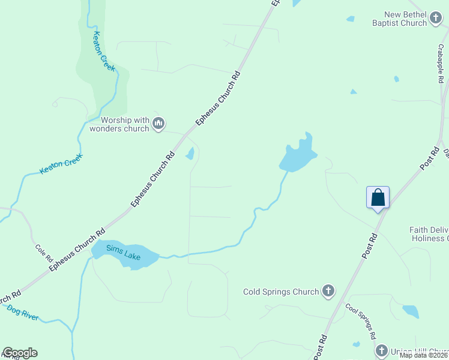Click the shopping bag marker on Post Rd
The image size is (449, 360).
(378, 197)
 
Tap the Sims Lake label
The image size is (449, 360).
(124, 253)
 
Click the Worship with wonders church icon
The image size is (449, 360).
(158, 124)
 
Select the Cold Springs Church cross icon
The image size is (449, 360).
(328, 292)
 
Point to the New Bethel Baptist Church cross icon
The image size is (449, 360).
(436, 22)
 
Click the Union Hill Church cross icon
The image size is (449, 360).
(382, 350)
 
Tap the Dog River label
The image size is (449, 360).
(23, 313)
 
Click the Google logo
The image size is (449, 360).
(20, 353)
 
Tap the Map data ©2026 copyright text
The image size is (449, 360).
(424, 355)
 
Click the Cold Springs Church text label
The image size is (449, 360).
(281, 292)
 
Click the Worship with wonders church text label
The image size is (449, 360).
(119, 124)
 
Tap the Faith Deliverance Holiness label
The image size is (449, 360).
(429, 234)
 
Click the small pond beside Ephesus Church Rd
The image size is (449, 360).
(190, 154)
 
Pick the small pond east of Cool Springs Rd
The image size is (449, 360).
(411, 311)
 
